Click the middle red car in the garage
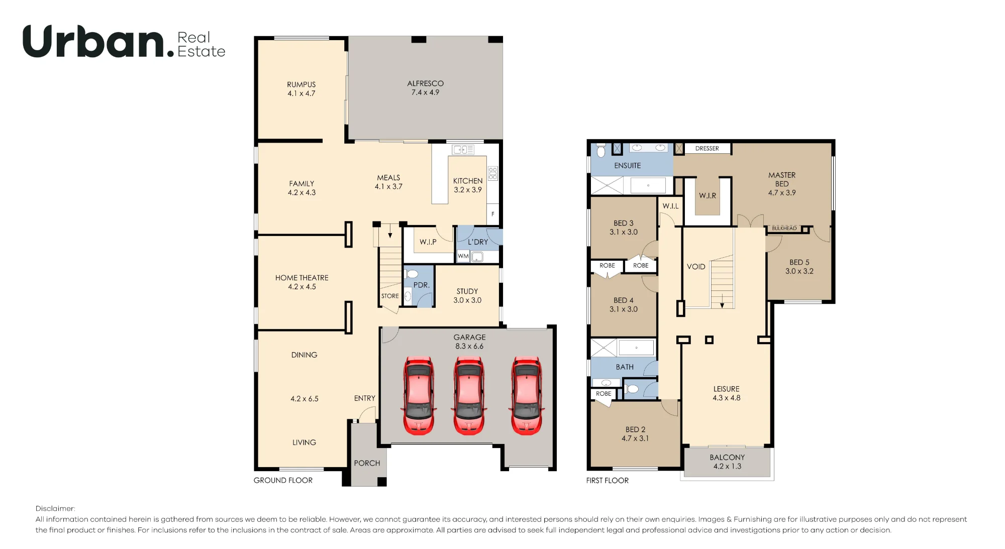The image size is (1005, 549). (x=469, y=395)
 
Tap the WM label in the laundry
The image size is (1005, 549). (x=463, y=256)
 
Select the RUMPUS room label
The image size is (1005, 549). (x=301, y=84)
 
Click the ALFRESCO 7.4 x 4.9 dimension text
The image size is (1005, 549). (x=425, y=92)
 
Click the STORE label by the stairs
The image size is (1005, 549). (x=390, y=296)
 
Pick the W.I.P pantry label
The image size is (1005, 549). (x=428, y=242)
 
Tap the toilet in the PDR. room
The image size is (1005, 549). (x=411, y=274)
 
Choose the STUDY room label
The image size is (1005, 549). (x=467, y=291)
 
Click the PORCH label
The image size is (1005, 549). (x=367, y=463)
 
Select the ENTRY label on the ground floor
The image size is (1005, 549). (x=365, y=398)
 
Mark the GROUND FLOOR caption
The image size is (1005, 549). (x=283, y=480)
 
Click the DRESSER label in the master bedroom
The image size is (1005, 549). (x=707, y=149)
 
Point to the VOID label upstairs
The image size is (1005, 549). (x=696, y=267)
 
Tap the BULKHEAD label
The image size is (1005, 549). (x=784, y=229)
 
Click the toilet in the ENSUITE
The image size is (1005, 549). (x=601, y=150)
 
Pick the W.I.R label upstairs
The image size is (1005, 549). (x=708, y=196)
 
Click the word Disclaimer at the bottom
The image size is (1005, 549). (x=55, y=508)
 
